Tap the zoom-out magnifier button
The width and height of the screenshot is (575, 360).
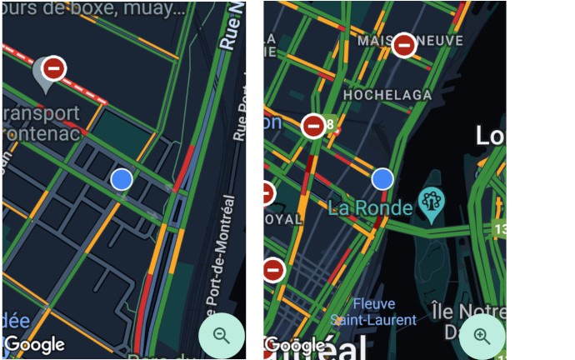[x=221, y=335]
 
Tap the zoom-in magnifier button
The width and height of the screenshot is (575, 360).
[x=482, y=336]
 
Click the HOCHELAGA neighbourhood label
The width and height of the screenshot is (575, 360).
[x=387, y=96]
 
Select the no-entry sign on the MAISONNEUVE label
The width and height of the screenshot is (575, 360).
[x=404, y=45]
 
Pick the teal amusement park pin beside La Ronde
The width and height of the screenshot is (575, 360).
[x=431, y=202]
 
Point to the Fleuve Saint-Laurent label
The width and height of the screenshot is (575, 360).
[x=384, y=312]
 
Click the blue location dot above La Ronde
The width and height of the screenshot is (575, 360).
[x=382, y=178]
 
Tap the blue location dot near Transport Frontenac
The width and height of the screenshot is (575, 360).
[x=122, y=178]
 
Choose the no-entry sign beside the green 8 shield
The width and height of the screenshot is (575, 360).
[x=313, y=126]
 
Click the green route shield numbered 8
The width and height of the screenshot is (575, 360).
[x=330, y=124]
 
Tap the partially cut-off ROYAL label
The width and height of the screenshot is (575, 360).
[x=283, y=220]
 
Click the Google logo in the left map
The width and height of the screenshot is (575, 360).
[x=35, y=343]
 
